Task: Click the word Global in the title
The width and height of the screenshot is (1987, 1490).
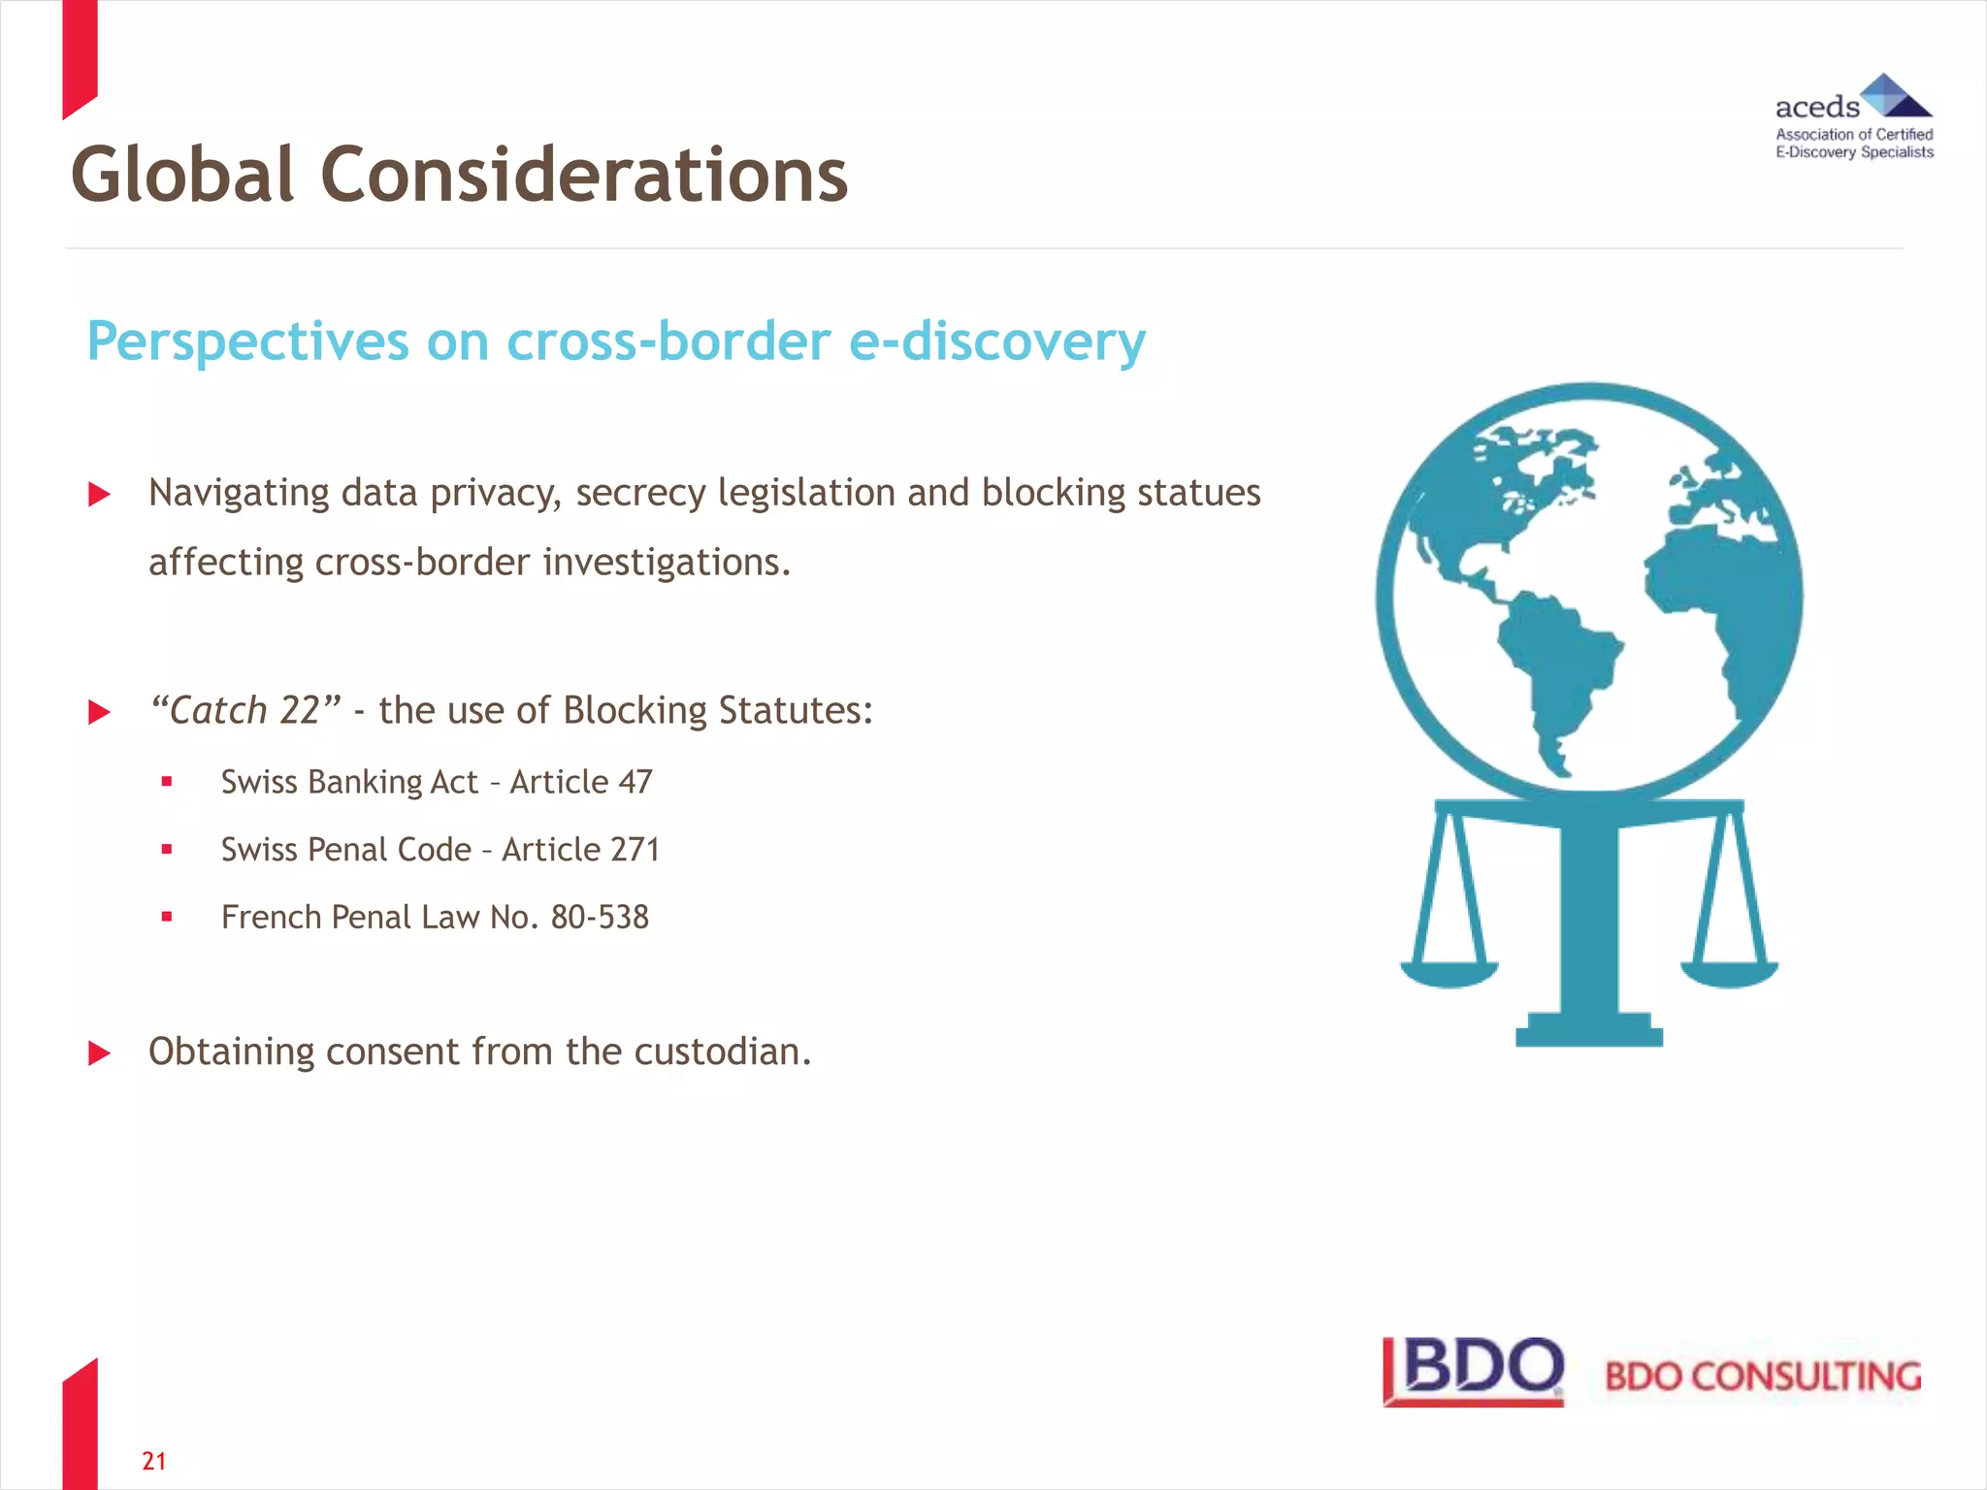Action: click(181, 176)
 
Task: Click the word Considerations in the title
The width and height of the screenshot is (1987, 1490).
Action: click(583, 176)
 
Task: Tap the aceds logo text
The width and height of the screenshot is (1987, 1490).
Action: click(1816, 107)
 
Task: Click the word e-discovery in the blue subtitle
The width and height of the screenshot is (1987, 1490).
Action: click(996, 341)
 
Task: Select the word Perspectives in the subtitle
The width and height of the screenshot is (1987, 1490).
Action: click(247, 341)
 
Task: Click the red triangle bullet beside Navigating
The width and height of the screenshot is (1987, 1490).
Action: click(99, 495)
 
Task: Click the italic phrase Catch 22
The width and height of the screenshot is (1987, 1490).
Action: click(245, 710)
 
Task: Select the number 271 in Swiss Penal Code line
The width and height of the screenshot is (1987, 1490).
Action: click(635, 850)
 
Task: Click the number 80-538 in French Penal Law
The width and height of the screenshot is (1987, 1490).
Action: click(600, 918)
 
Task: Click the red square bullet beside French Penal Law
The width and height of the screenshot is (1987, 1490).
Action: click(167, 917)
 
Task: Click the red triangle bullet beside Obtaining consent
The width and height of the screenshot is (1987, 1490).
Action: click(99, 1053)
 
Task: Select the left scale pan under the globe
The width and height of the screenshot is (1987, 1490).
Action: click(1449, 972)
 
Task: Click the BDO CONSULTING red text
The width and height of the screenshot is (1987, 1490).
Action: click(1762, 1377)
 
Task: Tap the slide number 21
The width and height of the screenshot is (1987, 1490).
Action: click(154, 1461)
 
